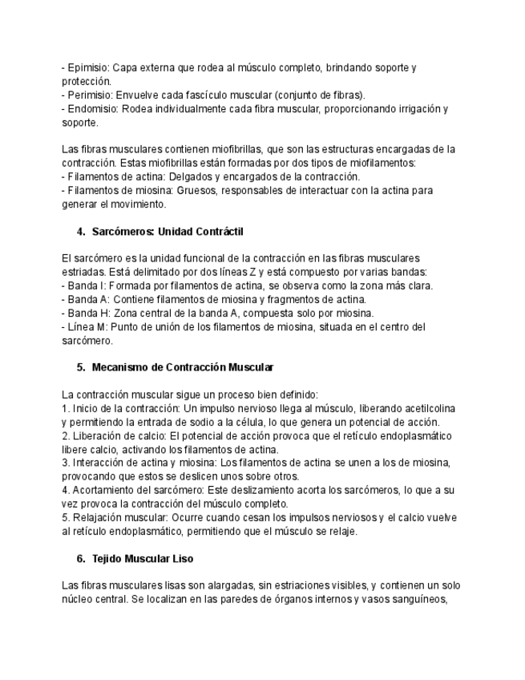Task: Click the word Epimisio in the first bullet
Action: pyautogui.click(x=87, y=67)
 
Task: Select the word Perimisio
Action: pyautogui.click(x=88, y=95)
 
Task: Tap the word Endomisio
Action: pyautogui.click(x=91, y=108)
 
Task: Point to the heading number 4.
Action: pyautogui.click(x=81, y=232)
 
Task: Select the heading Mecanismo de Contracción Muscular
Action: pyautogui.click(x=183, y=367)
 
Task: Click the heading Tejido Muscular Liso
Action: pyautogui.click(x=143, y=558)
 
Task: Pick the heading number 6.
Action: pyautogui.click(x=81, y=558)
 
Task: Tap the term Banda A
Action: pyautogui.click(x=87, y=299)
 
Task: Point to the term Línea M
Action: pyautogui.click(x=87, y=327)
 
